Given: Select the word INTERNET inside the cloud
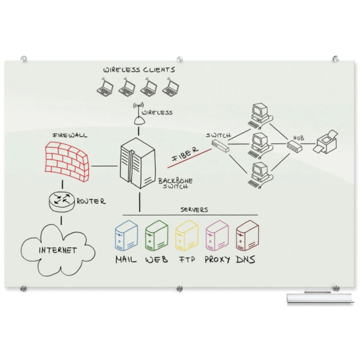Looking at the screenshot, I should click(x=58, y=249).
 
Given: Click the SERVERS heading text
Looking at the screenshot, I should click(x=194, y=209).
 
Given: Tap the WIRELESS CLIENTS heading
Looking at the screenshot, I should click(x=139, y=69).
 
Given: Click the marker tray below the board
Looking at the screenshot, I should click(x=320, y=298).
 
